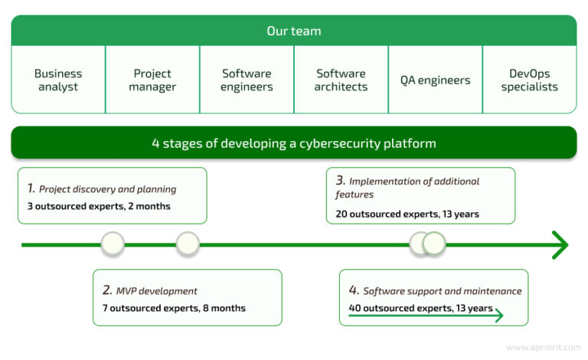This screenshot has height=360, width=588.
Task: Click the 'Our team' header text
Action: tap(294, 31)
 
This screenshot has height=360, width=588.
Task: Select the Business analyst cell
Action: tap(58, 80)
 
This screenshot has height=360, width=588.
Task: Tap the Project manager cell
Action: tap(152, 80)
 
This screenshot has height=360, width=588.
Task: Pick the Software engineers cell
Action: tap(247, 80)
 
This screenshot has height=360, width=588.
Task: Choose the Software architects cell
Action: tap(341, 80)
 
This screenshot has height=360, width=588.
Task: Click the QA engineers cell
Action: tap(435, 80)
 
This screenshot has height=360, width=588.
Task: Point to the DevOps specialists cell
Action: tap(529, 80)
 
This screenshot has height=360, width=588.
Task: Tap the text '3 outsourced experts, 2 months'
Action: tap(98, 206)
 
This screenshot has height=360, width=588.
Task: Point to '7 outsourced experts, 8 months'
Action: tap(174, 308)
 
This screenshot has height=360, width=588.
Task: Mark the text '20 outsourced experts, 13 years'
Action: tap(407, 214)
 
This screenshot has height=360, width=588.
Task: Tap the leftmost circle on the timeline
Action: tap(113, 244)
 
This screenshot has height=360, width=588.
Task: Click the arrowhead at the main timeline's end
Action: tap(561, 245)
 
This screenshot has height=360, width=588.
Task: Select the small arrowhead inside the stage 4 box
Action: tap(498, 315)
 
